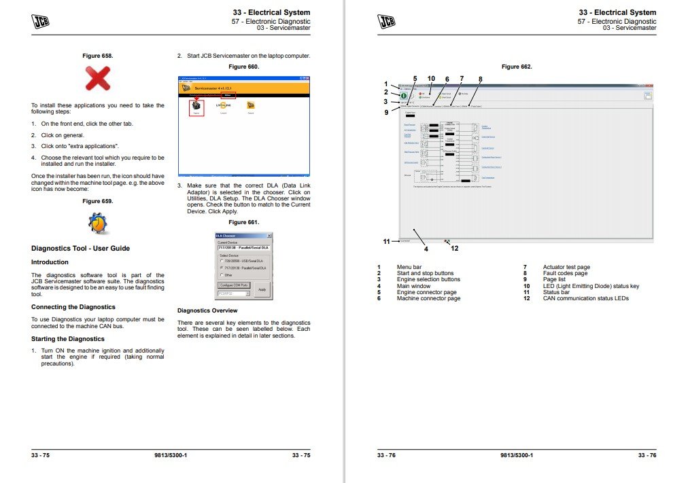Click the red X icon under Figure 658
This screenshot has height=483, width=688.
pyautogui.click(x=97, y=79)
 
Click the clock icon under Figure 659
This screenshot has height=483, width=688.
pyautogui.click(x=97, y=223)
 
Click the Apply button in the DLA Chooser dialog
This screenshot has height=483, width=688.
pyautogui.click(x=262, y=289)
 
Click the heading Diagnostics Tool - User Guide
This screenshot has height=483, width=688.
pyautogui.click(x=80, y=249)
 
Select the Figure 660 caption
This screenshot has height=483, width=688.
pyautogui.click(x=243, y=67)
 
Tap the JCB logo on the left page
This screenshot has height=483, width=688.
pyautogui.click(x=40, y=21)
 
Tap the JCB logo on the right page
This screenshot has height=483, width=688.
pyautogui.click(x=386, y=21)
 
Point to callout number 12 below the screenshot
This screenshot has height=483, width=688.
pyautogui.click(x=454, y=249)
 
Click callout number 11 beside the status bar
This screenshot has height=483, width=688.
pyautogui.click(x=386, y=241)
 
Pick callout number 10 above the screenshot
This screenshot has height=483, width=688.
pyautogui.click(x=431, y=79)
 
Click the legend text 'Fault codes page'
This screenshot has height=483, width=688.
pyautogui.click(x=565, y=274)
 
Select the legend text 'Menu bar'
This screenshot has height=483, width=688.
pyautogui.click(x=409, y=268)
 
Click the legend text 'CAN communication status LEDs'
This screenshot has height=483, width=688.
pyautogui.click(x=585, y=298)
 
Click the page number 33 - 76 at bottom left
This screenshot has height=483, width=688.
pyautogui.click(x=386, y=455)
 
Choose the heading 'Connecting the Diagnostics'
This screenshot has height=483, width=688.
pyautogui.click(x=73, y=307)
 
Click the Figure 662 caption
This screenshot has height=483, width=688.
pyautogui.click(x=516, y=67)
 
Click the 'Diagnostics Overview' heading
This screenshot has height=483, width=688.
pyautogui.click(x=207, y=310)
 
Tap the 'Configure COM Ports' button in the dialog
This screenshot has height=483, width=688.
pyautogui.click(x=234, y=285)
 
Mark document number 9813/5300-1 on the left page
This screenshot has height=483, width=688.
pyautogui.click(x=171, y=455)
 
